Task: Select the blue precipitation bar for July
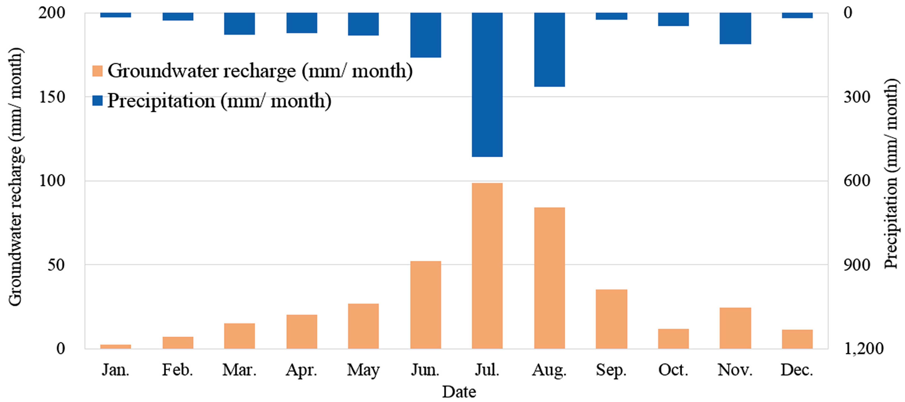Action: tap(487, 84)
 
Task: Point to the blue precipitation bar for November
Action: tap(735, 28)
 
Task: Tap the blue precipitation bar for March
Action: tap(239, 23)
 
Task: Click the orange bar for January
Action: tap(116, 346)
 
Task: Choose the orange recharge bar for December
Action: tap(797, 339)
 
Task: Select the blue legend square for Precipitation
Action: tap(97, 101)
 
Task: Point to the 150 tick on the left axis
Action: tap(52, 97)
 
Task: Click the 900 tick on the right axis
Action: tap(857, 265)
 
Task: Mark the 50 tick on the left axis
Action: tap(56, 265)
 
